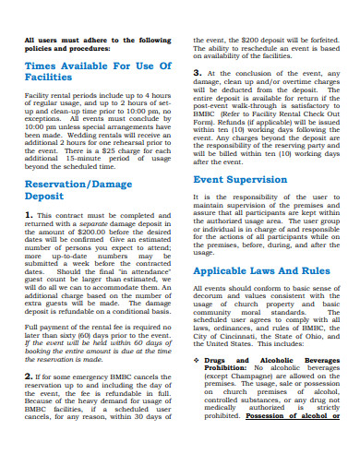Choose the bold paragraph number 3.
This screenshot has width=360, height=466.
[196, 72]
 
